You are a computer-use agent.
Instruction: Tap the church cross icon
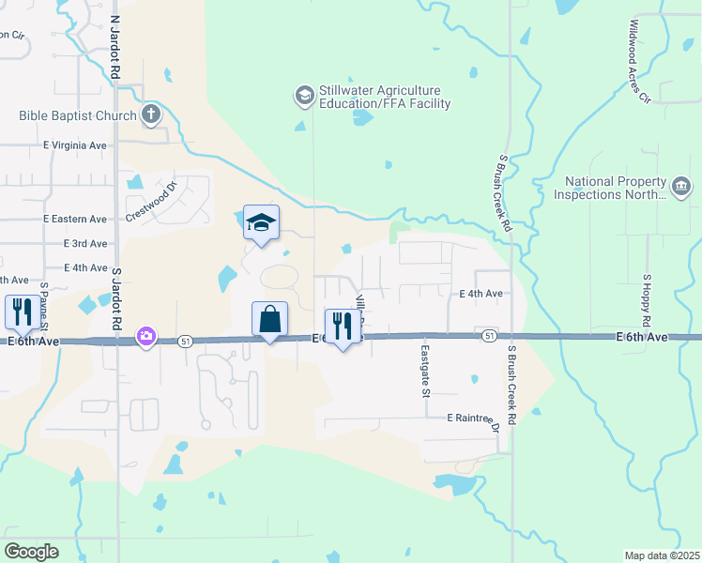point(150,115)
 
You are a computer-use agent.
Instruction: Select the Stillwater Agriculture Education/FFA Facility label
point(385,97)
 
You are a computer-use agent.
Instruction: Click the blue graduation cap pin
point(262,223)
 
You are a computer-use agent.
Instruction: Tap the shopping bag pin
point(269,320)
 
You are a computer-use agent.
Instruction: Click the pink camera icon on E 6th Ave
point(145,336)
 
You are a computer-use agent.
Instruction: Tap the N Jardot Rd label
point(114,45)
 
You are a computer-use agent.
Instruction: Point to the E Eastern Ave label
point(75,219)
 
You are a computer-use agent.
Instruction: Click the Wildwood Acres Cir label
point(639,60)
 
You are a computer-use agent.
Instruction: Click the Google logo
point(32,551)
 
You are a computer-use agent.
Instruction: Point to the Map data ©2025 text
point(662,555)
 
